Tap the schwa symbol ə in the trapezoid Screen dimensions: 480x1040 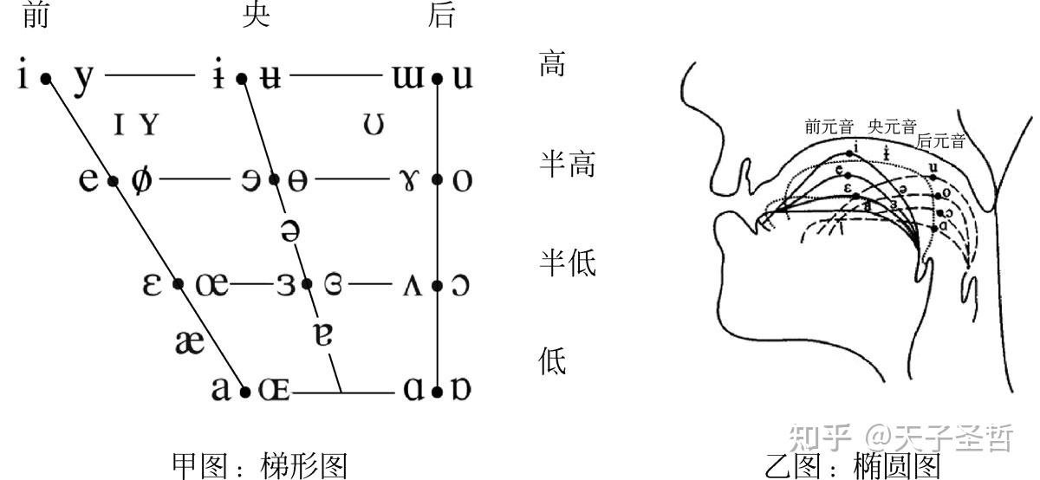(x=290, y=232)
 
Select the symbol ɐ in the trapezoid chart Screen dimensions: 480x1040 (x=323, y=334)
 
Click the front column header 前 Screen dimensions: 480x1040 (x=35, y=15)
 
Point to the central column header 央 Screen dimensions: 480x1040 (x=257, y=15)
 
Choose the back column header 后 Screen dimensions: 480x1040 (x=441, y=15)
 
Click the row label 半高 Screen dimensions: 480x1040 (x=568, y=164)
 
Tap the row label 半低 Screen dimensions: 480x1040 (x=568, y=263)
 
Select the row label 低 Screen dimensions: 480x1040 (x=553, y=361)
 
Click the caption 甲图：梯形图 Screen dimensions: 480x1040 (x=259, y=466)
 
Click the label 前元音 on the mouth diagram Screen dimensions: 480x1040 (x=829, y=127)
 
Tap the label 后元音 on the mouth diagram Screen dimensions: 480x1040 (x=940, y=141)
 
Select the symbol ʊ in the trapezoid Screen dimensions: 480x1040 (x=374, y=126)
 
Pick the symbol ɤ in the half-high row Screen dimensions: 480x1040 (x=407, y=181)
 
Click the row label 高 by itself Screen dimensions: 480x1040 (x=553, y=64)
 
